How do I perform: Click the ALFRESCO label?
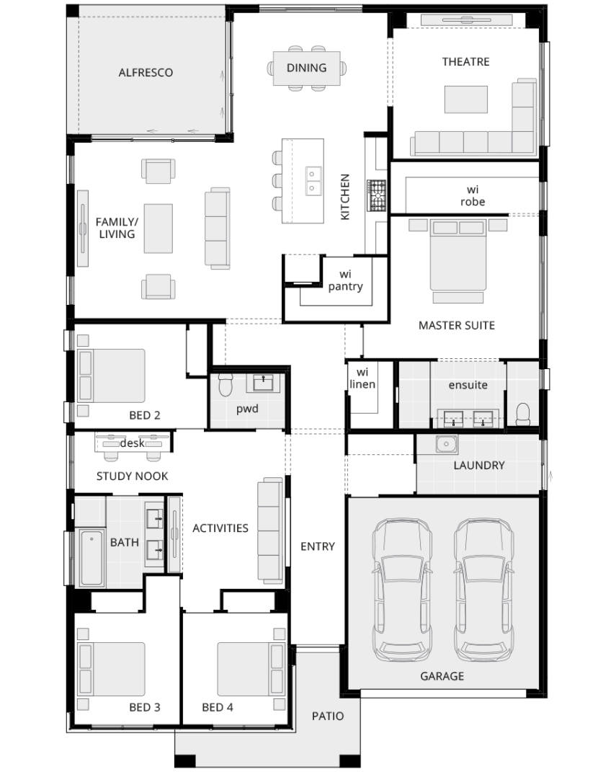(146, 72)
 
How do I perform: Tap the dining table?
(306, 68)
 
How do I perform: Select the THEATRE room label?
(465, 61)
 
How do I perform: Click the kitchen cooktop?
(376, 195)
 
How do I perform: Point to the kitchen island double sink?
(313, 181)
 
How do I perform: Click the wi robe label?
(473, 195)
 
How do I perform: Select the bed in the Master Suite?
(458, 254)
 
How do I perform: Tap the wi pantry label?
(345, 280)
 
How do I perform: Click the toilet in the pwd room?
(226, 385)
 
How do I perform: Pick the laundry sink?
(446, 443)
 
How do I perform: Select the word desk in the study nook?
(133, 443)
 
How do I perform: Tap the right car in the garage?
(484, 590)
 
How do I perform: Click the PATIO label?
(328, 716)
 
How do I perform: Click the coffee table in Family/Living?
(159, 229)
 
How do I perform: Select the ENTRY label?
(317, 546)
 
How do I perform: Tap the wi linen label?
(362, 378)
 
